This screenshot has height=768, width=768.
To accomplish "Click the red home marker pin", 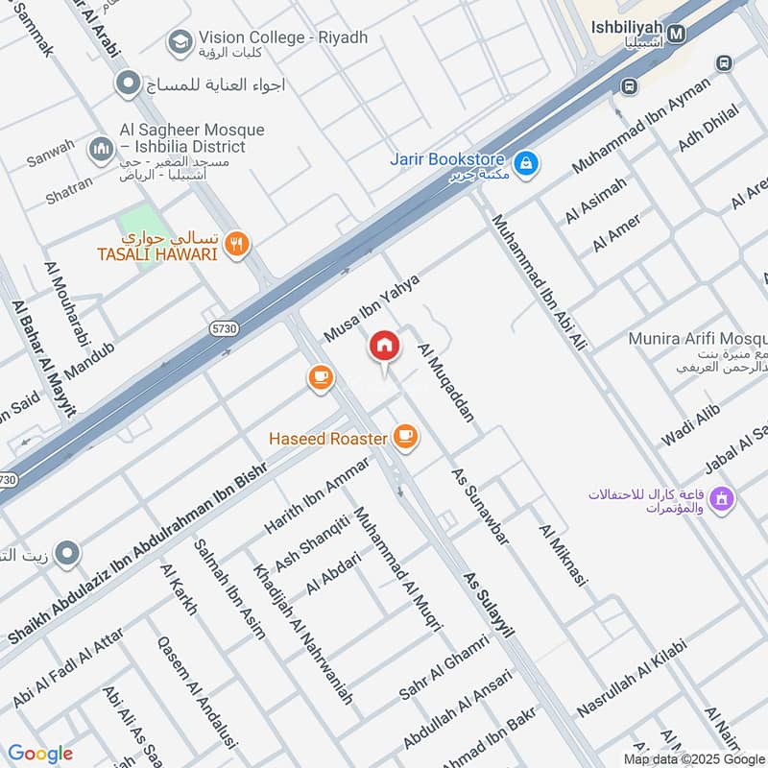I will coord(384,348).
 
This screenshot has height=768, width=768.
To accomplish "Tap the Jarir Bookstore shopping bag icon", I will coord(525,165).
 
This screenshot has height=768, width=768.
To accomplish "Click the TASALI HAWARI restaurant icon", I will coord(237,246).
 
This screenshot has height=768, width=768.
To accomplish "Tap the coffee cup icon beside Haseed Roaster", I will coord(405,438).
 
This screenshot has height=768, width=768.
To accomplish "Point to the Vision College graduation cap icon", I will coord(178,41).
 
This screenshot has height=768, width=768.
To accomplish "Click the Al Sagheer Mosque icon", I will coord(101,150).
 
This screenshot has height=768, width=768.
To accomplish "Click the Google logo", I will coord(39,754).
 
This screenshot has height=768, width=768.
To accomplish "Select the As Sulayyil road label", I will coord(489,606).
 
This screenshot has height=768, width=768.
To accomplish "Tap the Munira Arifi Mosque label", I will coord(697,339).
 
